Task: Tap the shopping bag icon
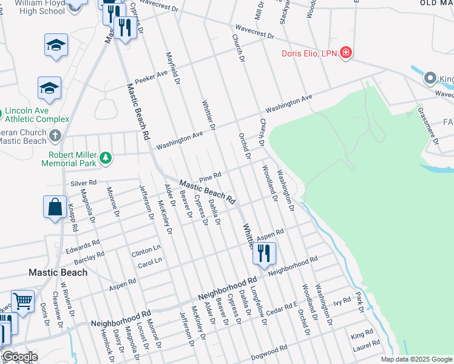(x=55, y=206)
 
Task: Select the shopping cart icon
(x=22, y=300)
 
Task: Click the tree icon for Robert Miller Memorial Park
(x=106, y=158)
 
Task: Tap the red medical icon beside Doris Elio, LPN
(x=346, y=53)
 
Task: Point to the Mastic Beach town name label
(x=58, y=272)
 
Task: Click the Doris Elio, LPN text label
(x=308, y=53)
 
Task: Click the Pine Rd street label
(x=209, y=175)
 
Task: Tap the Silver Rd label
(x=84, y=182)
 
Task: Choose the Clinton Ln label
(x=146, y=249)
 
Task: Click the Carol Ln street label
(x=151, y=260)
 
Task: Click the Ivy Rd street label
(x=342, y=301)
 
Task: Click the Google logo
(x=20, y=357)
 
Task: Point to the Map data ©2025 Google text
(x=416, y=359)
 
